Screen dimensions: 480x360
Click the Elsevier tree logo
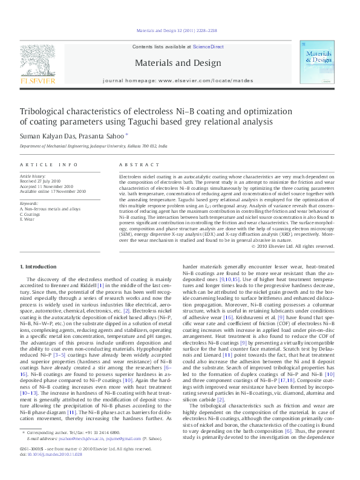tap(38, 60)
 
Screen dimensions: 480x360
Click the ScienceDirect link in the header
tap(208, 47)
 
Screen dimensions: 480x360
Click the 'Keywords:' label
tap(29, 204)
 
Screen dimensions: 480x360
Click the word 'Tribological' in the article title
tap(48, 112)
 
